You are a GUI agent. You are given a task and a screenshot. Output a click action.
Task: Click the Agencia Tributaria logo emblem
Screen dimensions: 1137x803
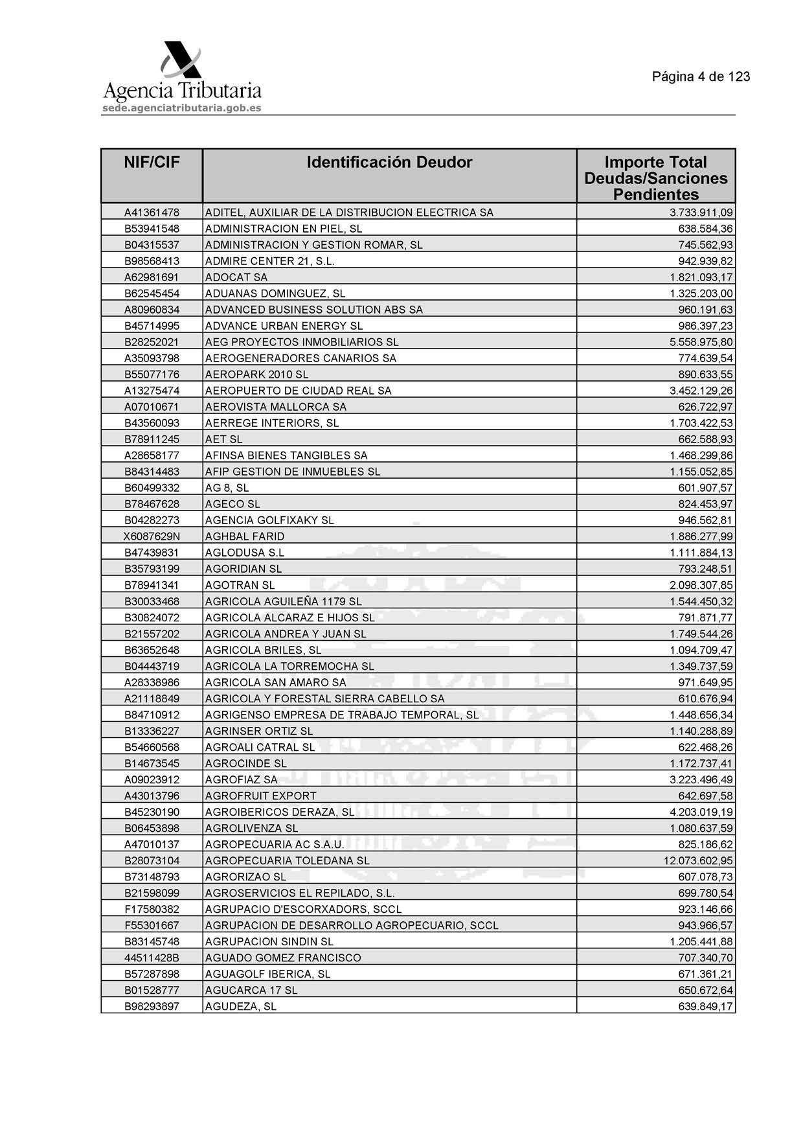coord(182,60)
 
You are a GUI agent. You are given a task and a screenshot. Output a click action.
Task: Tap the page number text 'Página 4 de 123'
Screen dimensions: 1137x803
coord(701,76)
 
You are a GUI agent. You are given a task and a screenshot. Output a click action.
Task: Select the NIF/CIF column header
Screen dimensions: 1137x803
coord(152,162)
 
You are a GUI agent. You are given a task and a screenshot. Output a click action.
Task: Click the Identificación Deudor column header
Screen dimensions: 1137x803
coord(389,162)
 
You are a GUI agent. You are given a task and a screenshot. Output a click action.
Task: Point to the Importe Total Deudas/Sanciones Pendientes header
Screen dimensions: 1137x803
coord(655,178)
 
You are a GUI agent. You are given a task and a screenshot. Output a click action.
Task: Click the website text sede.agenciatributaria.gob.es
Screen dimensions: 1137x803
coord(181,108)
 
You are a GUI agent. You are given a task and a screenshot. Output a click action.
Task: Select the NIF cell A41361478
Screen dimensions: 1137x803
coord(152,212)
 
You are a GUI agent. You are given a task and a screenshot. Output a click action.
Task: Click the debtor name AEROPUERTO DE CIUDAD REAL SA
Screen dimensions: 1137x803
coord(298,391)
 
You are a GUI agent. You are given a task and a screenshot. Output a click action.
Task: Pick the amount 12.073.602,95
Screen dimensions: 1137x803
coord(698,860)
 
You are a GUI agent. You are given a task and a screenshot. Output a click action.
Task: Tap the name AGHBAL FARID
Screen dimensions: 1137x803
coord(245,536)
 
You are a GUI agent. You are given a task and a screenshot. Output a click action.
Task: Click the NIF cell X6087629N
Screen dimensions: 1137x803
coord(152,536)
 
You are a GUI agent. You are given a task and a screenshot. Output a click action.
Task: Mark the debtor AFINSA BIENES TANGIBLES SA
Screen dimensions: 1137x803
coord(286,455)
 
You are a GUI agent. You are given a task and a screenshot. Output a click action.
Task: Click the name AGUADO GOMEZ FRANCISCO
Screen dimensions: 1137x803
coord(283,958)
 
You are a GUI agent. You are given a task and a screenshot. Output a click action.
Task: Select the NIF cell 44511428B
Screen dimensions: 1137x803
coord(152,958)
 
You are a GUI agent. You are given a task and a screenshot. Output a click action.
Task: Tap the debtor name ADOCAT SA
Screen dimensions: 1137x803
coord(236,277)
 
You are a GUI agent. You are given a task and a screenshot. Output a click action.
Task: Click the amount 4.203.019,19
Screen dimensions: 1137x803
coord(701,812)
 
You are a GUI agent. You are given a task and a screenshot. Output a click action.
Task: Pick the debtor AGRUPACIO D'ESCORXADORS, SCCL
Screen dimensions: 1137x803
coord(303,909)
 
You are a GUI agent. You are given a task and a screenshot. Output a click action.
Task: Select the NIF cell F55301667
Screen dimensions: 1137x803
coord(152,925)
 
